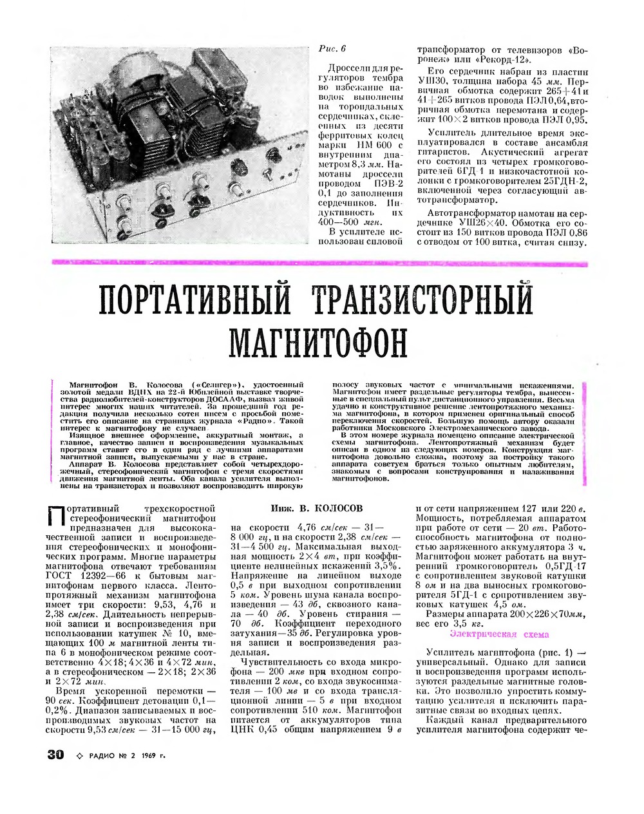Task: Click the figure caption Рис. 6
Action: tap(333, 48)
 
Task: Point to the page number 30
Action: tap(56, 754)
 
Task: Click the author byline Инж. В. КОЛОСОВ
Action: tap(317, 508)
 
